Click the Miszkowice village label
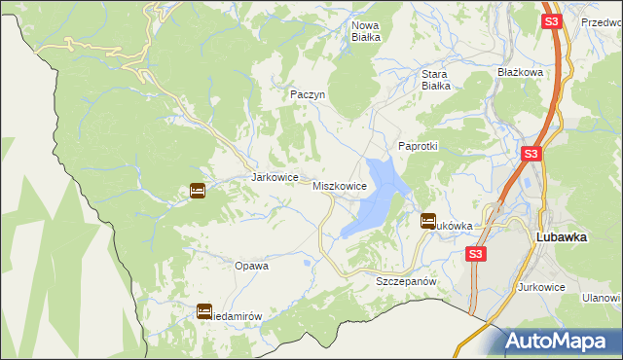click(340, 185)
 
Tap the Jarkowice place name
click(273, 177)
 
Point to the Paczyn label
click(307, 94)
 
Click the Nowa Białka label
click(365, 30)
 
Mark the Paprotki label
click(420, 145)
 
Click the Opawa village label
click(251, 265)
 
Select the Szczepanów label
click(404, 280)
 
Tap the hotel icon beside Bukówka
click(427, 221)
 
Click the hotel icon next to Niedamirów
click(204, 311)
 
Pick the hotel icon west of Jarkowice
click(198, 191)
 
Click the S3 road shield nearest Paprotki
click(531, 154)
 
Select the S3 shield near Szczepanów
click(474, 254)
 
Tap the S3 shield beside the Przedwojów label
click(551, 20)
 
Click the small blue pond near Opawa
click(309, 262)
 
